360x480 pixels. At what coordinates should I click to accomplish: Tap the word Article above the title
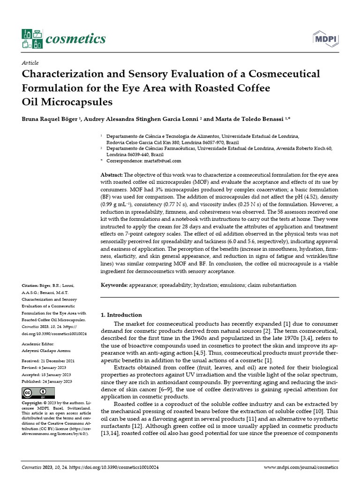(30, 63)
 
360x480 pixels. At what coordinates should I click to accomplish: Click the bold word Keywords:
(114, 285)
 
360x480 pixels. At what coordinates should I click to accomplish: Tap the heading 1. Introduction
(121, 315)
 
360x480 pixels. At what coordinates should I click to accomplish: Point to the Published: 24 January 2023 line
(47, 382)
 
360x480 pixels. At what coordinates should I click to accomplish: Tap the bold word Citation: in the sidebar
(30, 285)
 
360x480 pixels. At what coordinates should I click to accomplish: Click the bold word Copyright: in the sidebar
(33, 403)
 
